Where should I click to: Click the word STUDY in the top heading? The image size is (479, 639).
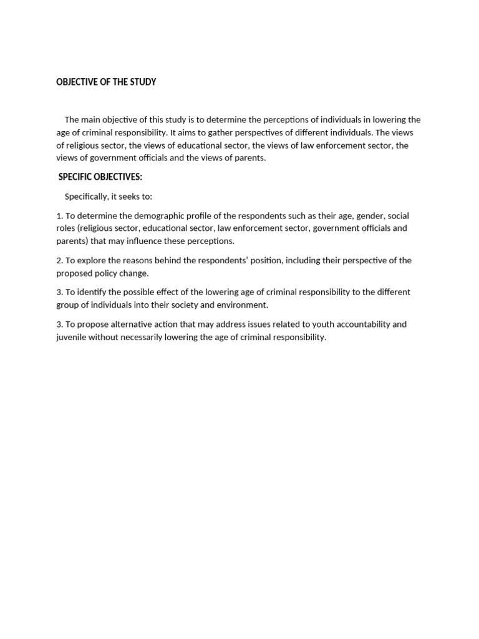tap(142, 82)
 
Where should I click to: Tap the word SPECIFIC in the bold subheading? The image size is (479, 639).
tap(77, 177)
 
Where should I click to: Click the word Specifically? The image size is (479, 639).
tap(86, 196)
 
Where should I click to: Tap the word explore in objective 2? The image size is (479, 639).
tap(90, 260)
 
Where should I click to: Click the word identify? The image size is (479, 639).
tap(92, 292)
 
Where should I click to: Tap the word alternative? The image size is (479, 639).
tap(136, 324)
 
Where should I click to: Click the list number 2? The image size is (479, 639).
tap(59, 260)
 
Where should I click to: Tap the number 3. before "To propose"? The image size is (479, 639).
tap(59, 324)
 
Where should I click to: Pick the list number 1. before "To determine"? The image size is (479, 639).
tap(59, 215)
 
